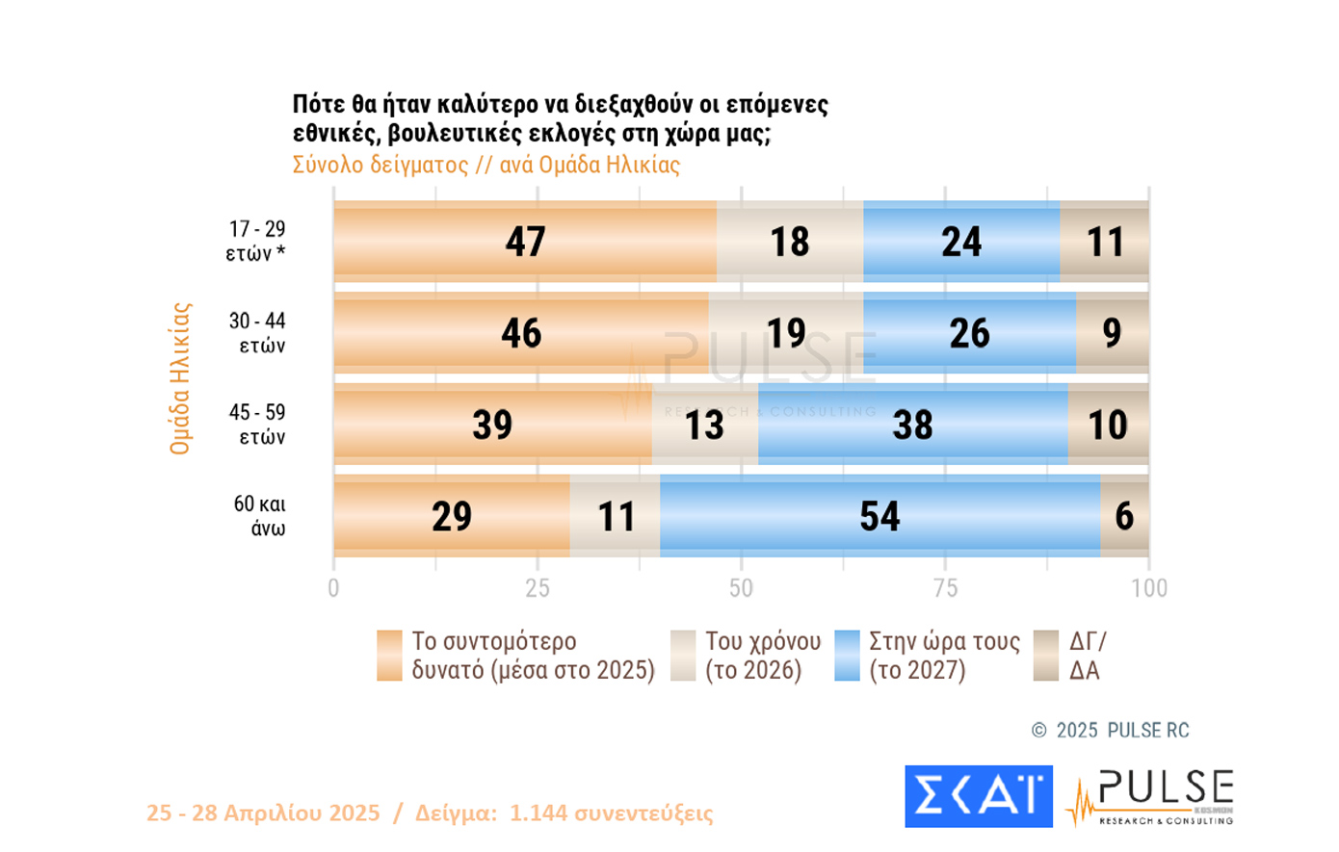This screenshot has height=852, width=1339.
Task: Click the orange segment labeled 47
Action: pos(525,242)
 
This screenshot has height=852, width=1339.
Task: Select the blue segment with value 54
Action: pos(880,516)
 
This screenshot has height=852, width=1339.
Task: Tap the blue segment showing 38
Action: pos(912,425)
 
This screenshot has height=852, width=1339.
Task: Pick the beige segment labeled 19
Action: pos(786,333)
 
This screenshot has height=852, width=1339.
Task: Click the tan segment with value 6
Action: pos(1124,516)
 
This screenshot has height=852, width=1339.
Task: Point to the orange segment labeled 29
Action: pos(451,516)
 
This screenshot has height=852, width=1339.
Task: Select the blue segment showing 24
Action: pos(961,242)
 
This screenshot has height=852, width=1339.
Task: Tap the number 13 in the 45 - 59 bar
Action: pos(704,425)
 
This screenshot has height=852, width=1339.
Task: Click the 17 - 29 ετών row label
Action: pos(256,241)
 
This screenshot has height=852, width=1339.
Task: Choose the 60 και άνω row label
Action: pos(259,516)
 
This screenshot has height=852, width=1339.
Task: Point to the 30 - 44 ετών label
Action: pos(257,333)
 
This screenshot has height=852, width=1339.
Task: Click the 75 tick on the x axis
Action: pos(945,588)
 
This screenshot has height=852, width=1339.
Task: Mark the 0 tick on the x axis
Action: pos(333,588)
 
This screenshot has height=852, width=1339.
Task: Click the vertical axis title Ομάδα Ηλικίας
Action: pos(180,378)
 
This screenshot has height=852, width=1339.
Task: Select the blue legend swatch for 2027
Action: pos(847,656)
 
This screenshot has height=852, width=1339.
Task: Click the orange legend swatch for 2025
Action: pos(389,656)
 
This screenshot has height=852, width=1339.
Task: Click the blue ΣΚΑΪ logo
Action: pos(978,796)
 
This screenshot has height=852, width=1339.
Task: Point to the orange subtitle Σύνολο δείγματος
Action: pos(381,165)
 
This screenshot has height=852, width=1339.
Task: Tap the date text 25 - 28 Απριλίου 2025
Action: pos(263,813)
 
